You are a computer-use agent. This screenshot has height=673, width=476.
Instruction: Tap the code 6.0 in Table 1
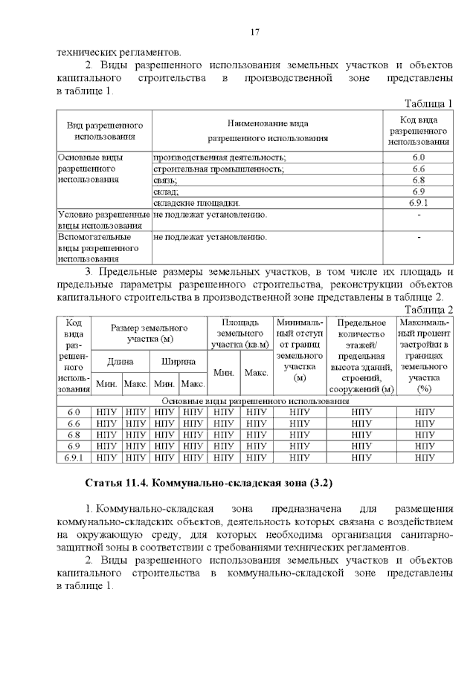tap(418, 157)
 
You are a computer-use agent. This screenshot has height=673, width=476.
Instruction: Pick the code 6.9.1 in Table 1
tap(418, 202)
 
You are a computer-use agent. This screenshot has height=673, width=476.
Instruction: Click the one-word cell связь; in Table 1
tap(166, 180)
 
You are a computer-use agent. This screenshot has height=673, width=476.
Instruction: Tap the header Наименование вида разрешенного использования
tap(267, 131)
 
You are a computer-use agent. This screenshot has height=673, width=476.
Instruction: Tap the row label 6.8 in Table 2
tap(74, 435)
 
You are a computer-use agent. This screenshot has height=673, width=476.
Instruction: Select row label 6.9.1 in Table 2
tap(74, 457)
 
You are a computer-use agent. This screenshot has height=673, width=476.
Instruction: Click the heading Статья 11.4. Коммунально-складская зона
tap(209, 483)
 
